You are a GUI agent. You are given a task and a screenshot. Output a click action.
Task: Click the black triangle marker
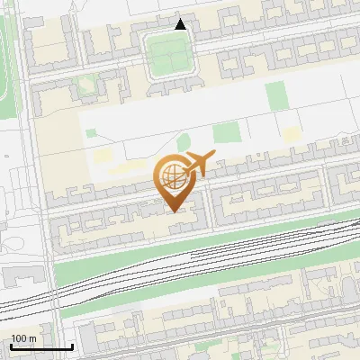181,24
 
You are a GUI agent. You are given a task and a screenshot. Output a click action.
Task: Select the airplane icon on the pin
197,164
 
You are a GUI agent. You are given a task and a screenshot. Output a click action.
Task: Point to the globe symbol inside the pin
173,174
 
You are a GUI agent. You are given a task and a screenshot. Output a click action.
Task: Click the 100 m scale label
23,338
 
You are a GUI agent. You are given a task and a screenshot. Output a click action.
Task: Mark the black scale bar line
41,346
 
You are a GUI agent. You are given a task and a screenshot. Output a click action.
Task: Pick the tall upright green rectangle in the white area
275,96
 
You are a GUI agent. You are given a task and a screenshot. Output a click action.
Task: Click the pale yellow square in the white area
291,136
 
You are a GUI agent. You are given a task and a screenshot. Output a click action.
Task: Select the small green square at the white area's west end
91,134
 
